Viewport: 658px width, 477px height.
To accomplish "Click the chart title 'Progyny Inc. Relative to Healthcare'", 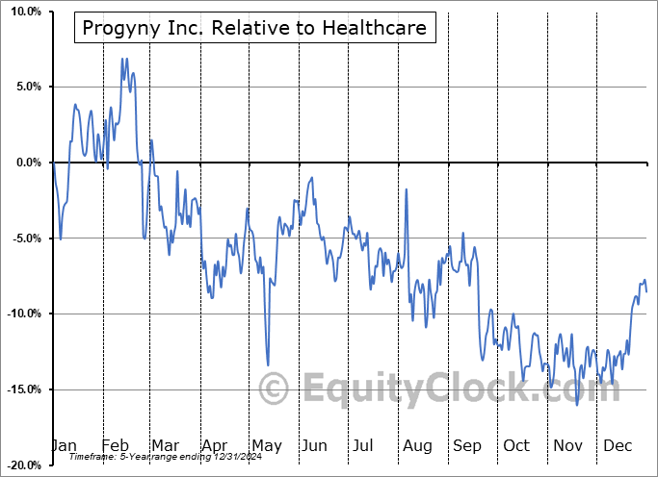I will tap(255, 28).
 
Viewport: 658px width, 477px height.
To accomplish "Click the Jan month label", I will tap(64, 446).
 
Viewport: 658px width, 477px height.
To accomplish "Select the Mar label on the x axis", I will tap(166, 446).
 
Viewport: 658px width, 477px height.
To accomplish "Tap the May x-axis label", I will tap(266, 446).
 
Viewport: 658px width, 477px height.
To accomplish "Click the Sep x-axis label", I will tap(467, 446).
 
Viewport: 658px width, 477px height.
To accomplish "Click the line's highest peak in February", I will tap(123, 59).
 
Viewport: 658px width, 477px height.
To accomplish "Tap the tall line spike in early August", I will tap(407, 189).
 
